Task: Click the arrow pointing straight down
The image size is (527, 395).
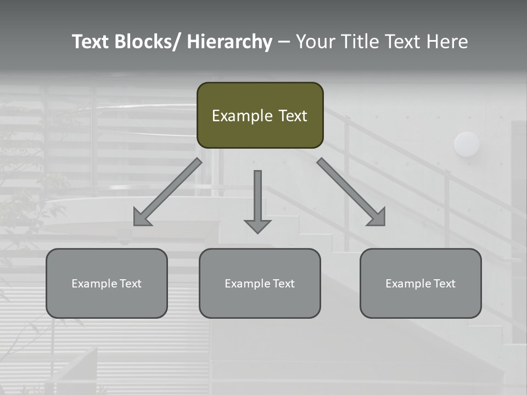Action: point(257,200)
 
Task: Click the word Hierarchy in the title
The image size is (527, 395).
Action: point(229,42)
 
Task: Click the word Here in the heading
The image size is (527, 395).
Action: point(447,42)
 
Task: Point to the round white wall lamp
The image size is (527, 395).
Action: point(467,144)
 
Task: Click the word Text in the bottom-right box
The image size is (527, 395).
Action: point(444,284)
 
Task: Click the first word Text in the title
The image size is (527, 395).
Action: point(91,42)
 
